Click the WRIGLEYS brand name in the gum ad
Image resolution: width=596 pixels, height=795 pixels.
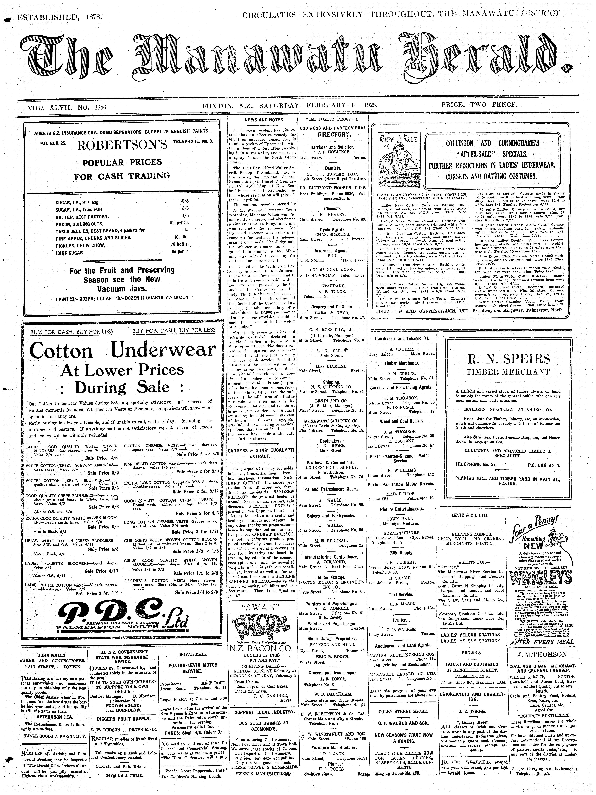pyautogui.click(x=544, y=578)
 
